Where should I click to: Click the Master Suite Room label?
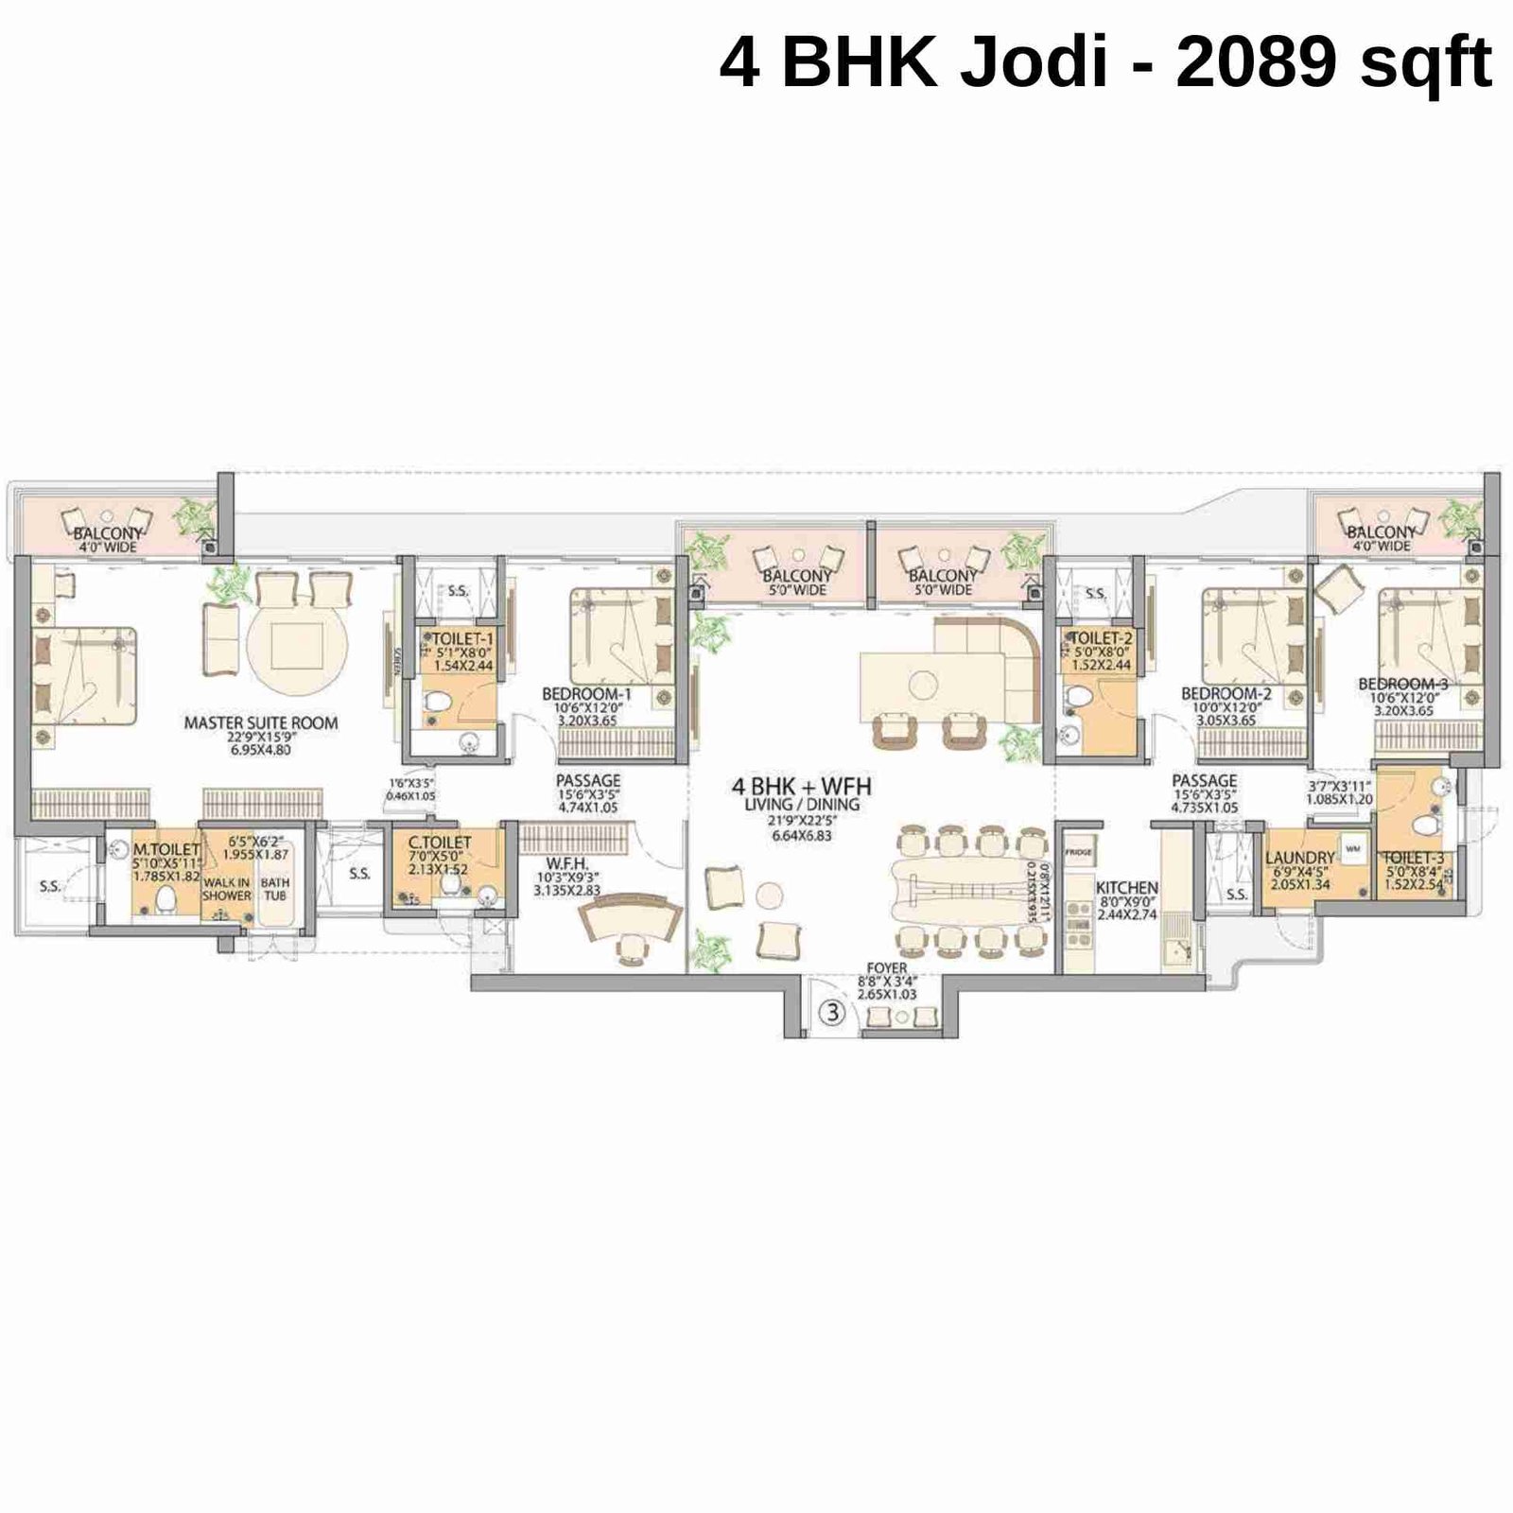[260, 722]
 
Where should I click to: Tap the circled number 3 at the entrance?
[832, 1013]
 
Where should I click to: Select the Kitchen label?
[1126, 888]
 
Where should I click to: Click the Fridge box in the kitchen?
[1078, 852]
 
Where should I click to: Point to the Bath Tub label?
[275, 889]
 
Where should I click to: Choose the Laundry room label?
[1299, 858]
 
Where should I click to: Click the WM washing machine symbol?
[1353, 849]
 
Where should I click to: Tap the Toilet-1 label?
[462, 639]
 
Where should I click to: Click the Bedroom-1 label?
[586, 694]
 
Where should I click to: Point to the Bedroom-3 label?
[1402, 684]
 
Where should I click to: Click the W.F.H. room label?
[566, 863]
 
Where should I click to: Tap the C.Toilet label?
[439, 842]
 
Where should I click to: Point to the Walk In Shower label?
[226, 889]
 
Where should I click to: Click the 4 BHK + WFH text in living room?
[802, 786]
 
